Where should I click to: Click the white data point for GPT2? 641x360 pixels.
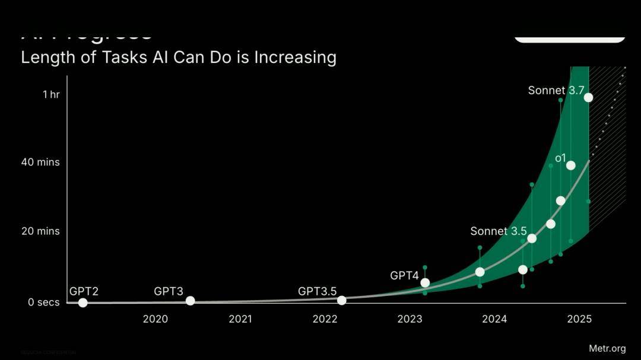82,302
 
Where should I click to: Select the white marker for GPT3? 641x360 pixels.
190,301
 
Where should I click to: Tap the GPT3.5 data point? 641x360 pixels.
341,300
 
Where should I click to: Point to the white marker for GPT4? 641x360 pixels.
425,282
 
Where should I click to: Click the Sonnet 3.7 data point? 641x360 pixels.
588,97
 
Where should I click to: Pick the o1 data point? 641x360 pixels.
570,165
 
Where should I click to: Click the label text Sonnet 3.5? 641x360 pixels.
498,231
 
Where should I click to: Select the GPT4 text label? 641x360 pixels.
404,275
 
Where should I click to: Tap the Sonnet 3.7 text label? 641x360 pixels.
556,91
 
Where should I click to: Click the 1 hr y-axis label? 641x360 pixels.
51,94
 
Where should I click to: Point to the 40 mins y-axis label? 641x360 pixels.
40,162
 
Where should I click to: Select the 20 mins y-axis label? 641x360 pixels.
40,231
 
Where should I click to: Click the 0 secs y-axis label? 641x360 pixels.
44,302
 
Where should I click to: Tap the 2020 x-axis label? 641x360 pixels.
156,319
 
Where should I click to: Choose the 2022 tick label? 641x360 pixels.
325,319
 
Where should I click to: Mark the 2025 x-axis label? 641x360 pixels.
579,319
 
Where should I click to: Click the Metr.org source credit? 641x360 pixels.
607,348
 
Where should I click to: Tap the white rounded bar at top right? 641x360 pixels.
569,38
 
